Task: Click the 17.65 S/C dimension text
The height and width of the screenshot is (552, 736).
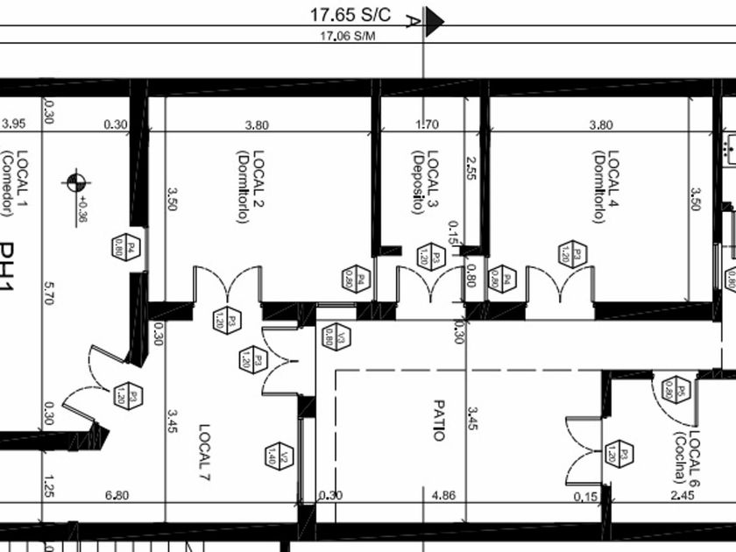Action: (350, 14)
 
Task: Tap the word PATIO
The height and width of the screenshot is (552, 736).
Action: (440, 421)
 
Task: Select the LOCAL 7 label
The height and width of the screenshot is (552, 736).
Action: (205, 454)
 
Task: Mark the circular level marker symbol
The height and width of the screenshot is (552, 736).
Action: (75, 183)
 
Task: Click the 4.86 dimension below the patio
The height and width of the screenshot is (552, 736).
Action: (445, 496)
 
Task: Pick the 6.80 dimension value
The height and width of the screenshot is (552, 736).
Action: (117, 496)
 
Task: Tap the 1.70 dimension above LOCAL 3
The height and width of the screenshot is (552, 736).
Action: (427, 124)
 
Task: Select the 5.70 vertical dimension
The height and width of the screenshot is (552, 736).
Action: (49, 298)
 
